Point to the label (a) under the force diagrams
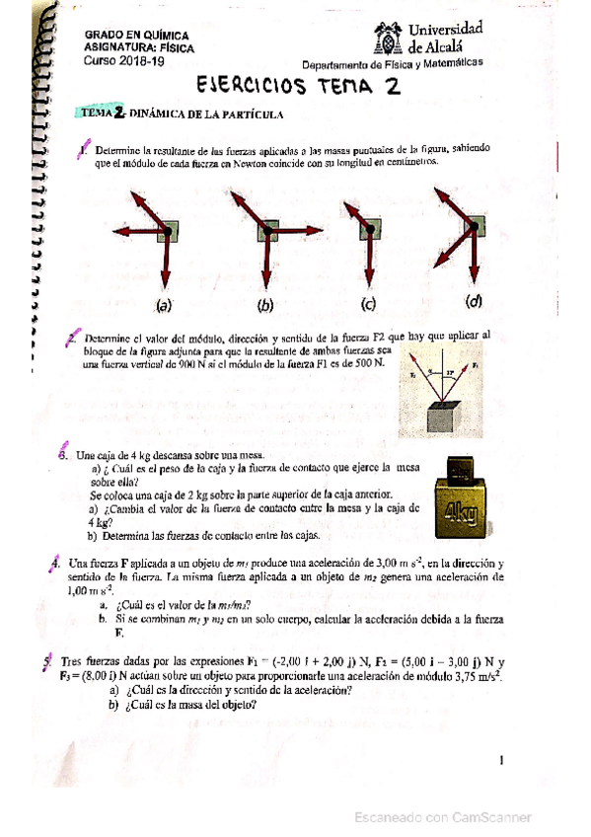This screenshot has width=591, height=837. click(163, 304)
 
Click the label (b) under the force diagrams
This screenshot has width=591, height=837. click(265, 304)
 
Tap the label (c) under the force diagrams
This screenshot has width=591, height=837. click(369, 304)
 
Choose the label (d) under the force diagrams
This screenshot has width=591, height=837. click(475, 302)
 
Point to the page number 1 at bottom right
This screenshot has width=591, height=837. click(502, 760)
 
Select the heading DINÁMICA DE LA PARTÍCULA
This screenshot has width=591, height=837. click(207, 114)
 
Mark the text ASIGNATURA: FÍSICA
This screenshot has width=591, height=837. click(140, 46)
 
